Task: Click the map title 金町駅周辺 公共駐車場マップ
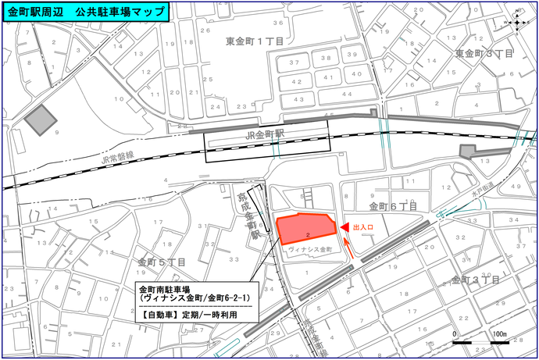pos(87,12)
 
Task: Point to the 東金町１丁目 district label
pos(255,40)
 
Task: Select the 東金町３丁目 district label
pos(484,53)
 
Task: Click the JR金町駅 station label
pos(268,134)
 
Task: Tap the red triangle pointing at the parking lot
pos(343,227)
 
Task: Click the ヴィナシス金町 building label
pos(310,249)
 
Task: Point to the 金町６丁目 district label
pos(393,207)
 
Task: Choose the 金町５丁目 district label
pos(162,262)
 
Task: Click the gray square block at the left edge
pos(41,121)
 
